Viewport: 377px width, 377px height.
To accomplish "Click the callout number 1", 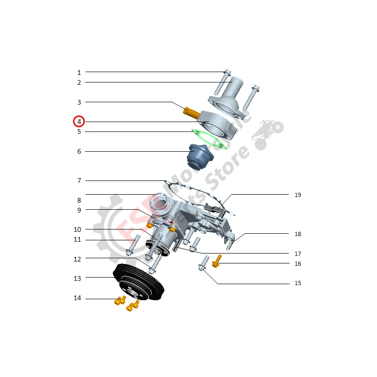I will (x=79, y=73).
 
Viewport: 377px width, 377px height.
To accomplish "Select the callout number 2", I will (x=79, y=82).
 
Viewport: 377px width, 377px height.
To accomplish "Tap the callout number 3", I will (x=79, y=102).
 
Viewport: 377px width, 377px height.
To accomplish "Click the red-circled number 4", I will (x=79, y=122).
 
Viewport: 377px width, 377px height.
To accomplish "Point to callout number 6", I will (x=79, y=151).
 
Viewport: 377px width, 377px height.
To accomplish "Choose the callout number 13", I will (x=77, y=279).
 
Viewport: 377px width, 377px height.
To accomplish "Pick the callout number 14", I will (x=77, y=298).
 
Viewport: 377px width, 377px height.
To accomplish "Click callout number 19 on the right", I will (x=298, y=195).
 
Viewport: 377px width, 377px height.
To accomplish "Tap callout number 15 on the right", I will (x=298, y=283).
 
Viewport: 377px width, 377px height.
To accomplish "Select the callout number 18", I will (x=298, y=234).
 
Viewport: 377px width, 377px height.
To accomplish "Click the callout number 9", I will (x=79, y=210).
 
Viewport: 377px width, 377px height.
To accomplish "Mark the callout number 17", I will (x=298, y=254).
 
